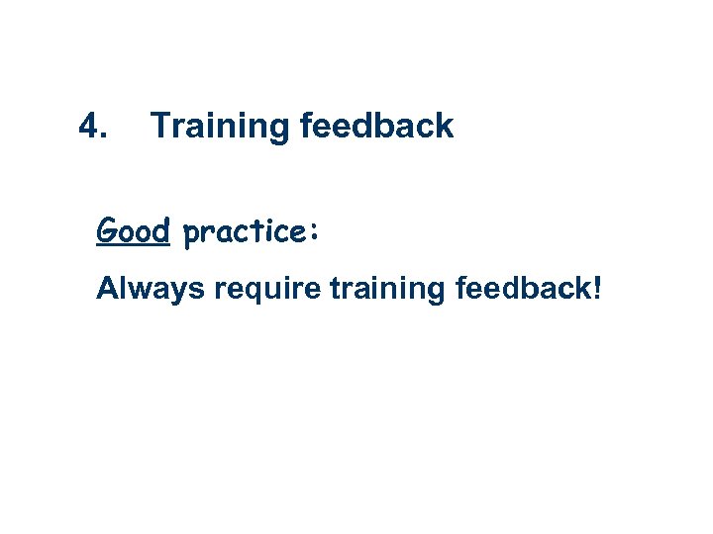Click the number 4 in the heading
coord(89,127)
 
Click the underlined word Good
coord(135,231)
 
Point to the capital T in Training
coord(159,127)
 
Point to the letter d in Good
coord(163,231)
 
